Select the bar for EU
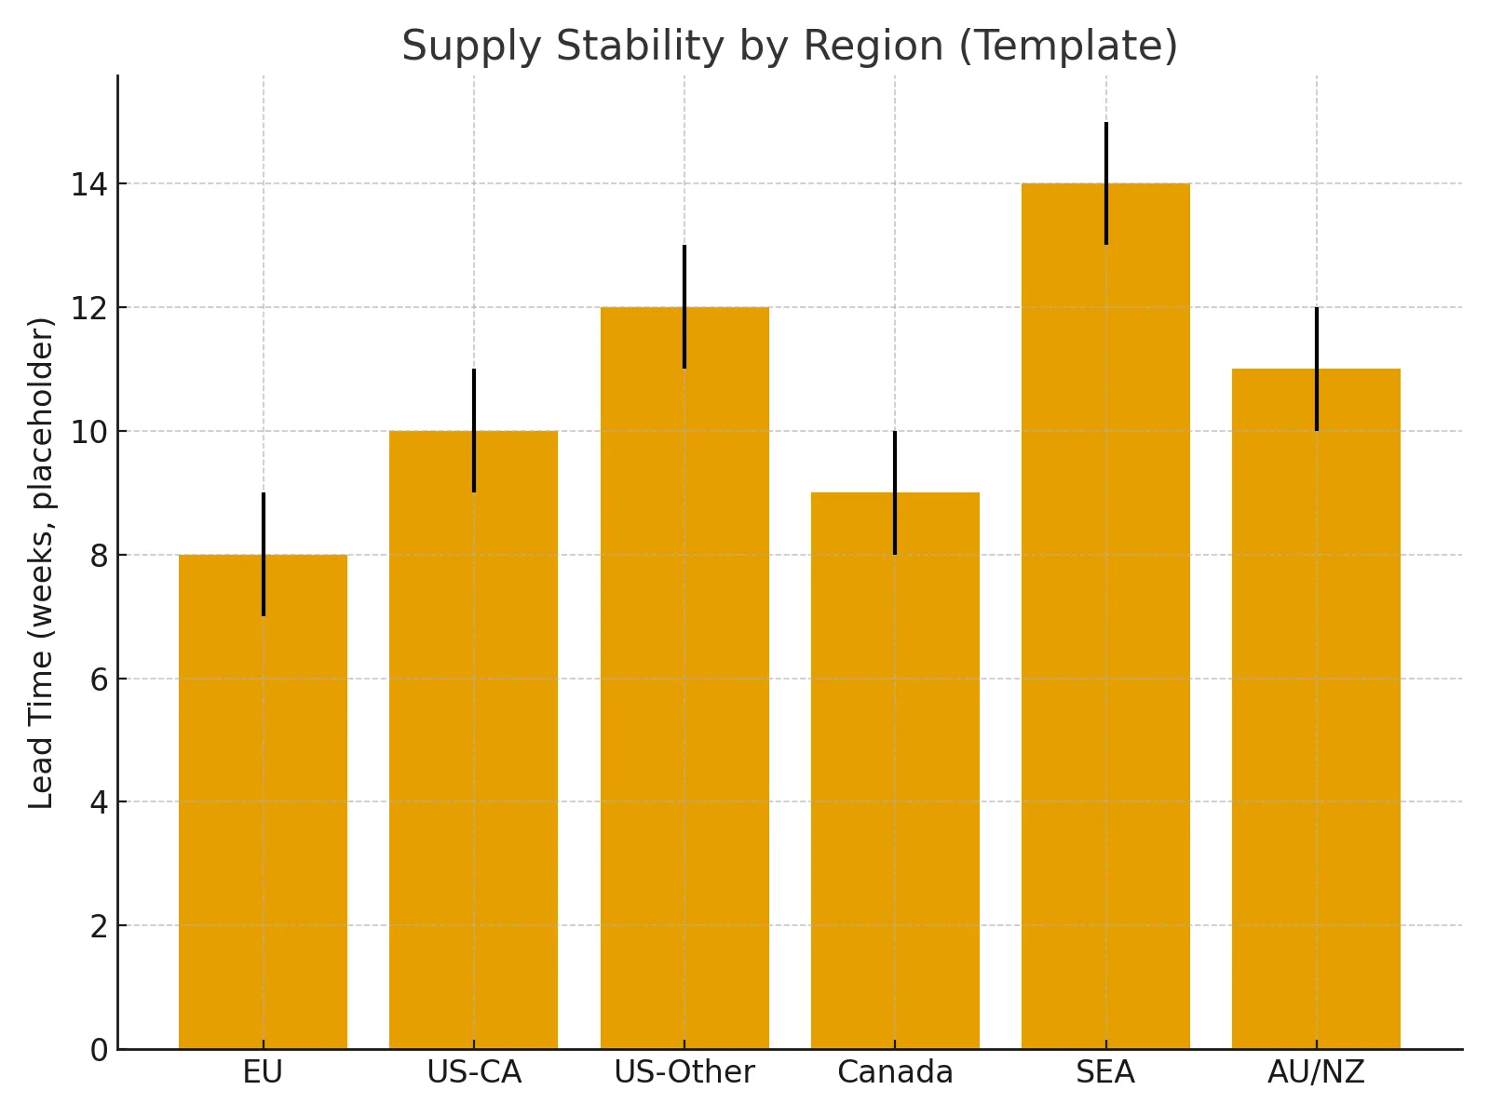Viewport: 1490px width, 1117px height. (x=263, y=801)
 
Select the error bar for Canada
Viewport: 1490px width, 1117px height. (x=895, y=462)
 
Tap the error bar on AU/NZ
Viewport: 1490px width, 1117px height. (x=1317, y=338)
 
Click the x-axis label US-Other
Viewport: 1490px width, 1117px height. (x=684, y=1073)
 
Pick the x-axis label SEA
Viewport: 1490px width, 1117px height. (x=1105, y=1073)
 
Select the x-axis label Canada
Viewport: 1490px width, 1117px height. (x=895, y=1073)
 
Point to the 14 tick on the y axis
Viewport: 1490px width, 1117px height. (x=88, y=184)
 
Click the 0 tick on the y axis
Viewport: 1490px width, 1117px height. (x=99, y=1050)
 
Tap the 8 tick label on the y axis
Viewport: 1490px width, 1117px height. (x=99, y=556)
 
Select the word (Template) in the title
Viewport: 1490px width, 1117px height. (x=1068, y=47)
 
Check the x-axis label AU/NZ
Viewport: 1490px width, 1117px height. (x=1316, y=1073)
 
